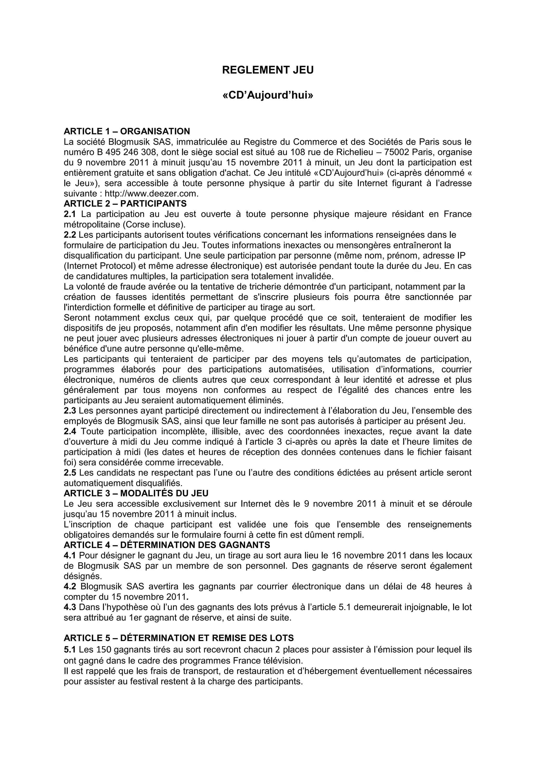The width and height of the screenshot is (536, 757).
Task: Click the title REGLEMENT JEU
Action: tap(268, 70)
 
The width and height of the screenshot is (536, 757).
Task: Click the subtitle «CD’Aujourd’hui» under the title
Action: tap(268, 96)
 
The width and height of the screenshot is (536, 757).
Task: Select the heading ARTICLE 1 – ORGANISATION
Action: tap(127, 131)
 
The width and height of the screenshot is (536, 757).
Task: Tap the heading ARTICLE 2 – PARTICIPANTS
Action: tap(125, 203)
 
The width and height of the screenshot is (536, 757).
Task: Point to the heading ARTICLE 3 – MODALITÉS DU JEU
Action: tap(136, 493)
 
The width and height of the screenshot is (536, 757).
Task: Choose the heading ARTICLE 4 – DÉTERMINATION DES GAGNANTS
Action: tap(167, 545)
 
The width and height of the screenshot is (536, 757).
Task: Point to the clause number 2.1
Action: tap(70, 214)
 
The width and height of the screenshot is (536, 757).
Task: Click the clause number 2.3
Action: tap(70, 411)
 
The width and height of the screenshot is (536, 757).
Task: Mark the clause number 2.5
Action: tap(70, 472)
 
